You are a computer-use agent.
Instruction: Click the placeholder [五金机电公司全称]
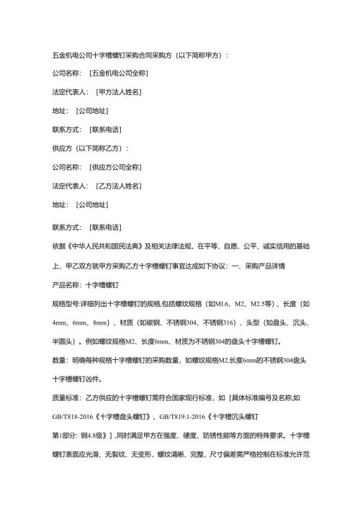pos(120,73)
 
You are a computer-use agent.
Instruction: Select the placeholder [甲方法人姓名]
pos(119,92)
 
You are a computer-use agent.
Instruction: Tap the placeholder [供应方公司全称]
pos(115,167)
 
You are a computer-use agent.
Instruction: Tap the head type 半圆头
pos(63,341)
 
